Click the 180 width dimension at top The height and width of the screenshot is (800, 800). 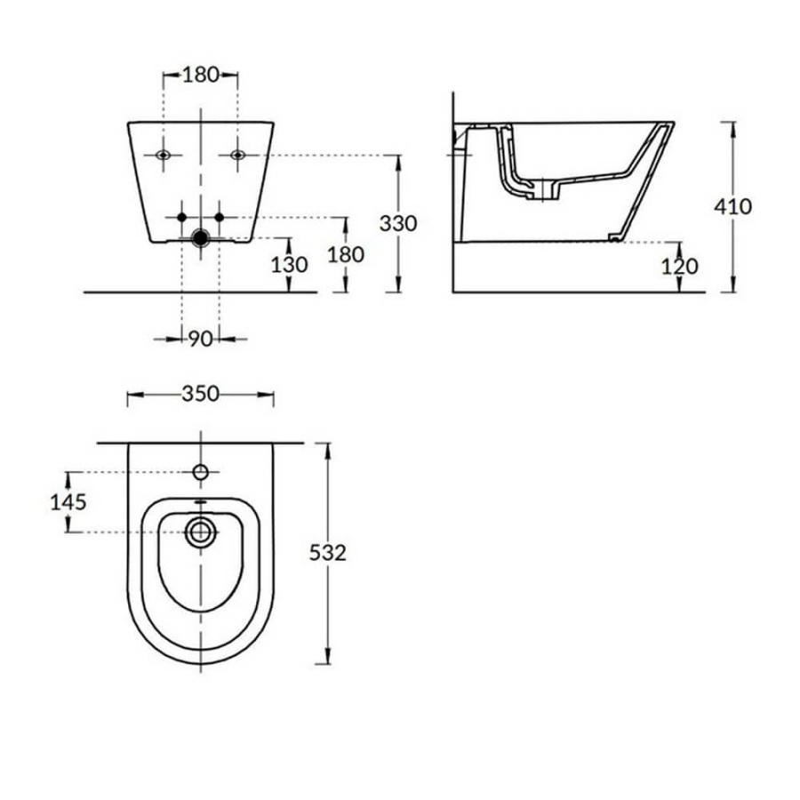(x=201, y=76)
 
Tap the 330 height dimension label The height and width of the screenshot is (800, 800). (x=398, y=223)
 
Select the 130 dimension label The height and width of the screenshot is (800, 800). (x=289, y=264)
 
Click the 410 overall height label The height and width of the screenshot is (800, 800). (x=732, y=206)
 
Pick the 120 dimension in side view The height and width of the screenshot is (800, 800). (x=679, y=266)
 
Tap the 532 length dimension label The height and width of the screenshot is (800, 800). (x=327, y=552)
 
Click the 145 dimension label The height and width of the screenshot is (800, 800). (x=68, y=501)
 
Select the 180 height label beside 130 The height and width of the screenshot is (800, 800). (x=346, y=254)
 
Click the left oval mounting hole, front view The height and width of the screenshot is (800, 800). (x=163, y=156)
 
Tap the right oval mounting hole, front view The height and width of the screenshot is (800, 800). (x=237, y=156)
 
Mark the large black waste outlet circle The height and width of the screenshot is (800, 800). (x=201, y=237)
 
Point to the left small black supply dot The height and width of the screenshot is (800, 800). (x=181, y=217)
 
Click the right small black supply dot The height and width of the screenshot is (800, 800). (x=220, y=217)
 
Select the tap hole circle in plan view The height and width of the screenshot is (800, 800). (x=201, y=471)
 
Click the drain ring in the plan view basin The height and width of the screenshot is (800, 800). (x=201, y=532)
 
